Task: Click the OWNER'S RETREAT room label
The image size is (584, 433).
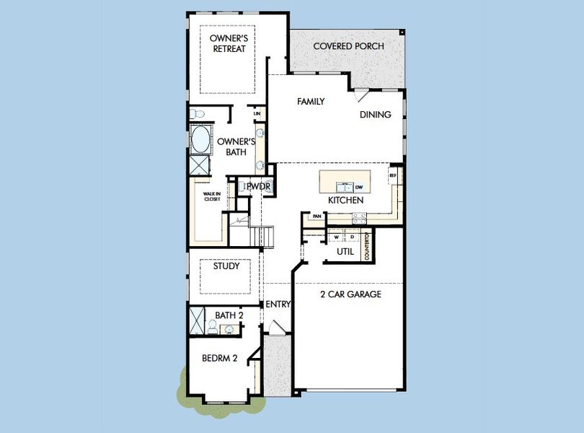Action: [228, 43]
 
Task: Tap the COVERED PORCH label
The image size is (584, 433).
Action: [348, 47]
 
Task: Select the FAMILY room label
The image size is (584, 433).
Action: [311, 102]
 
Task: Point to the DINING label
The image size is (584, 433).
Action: [376, 115]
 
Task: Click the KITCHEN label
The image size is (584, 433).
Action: [345, 200]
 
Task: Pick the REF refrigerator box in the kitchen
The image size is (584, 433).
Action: [393, 175]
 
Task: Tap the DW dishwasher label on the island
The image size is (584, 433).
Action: [358, 188]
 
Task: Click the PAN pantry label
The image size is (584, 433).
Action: [317, 216]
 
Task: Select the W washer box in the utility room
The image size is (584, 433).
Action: [337, 237]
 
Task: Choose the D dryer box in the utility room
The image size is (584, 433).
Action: [352, 237]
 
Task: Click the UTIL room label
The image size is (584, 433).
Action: [345, 252]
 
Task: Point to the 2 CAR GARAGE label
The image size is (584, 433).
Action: [350, 294]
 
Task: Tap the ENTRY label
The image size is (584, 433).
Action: [278, 305]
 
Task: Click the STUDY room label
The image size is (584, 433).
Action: [226, 266]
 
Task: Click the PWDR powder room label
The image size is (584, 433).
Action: [257, 187]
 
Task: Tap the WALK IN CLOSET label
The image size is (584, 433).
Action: [211, 196]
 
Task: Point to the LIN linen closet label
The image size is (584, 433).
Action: [257, 114]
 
